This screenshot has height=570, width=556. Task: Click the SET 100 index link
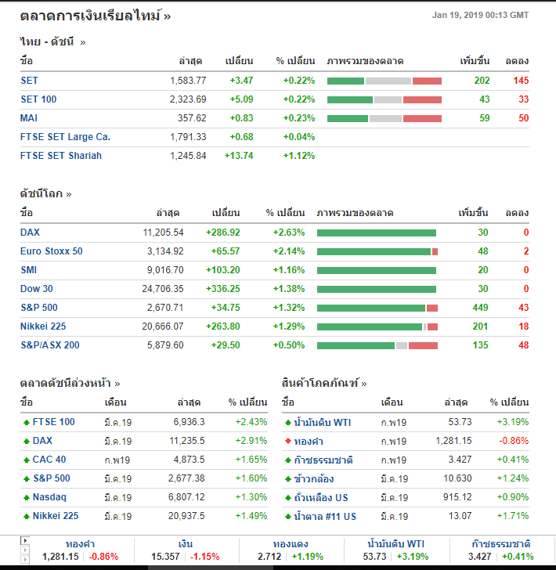tap(38, 99)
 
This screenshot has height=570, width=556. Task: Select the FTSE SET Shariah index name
tap(61, 156)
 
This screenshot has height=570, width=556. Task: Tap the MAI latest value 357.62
tap(192, 118)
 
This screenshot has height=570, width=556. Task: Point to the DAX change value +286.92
tap(222, 233)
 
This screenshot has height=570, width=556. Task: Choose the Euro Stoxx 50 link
tap(52, 251)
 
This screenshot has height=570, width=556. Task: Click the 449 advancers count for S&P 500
tap(480, 308)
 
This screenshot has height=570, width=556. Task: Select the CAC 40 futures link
tap(49, 460)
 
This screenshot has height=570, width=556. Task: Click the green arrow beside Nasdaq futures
tap(27, 497)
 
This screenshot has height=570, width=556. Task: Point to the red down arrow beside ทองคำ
tap(287, 441)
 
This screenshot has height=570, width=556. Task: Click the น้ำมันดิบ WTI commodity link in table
tap(323, 422)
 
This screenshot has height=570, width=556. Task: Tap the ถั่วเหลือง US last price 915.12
tap(456, 497)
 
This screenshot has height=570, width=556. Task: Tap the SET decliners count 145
tap(521, 81)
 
